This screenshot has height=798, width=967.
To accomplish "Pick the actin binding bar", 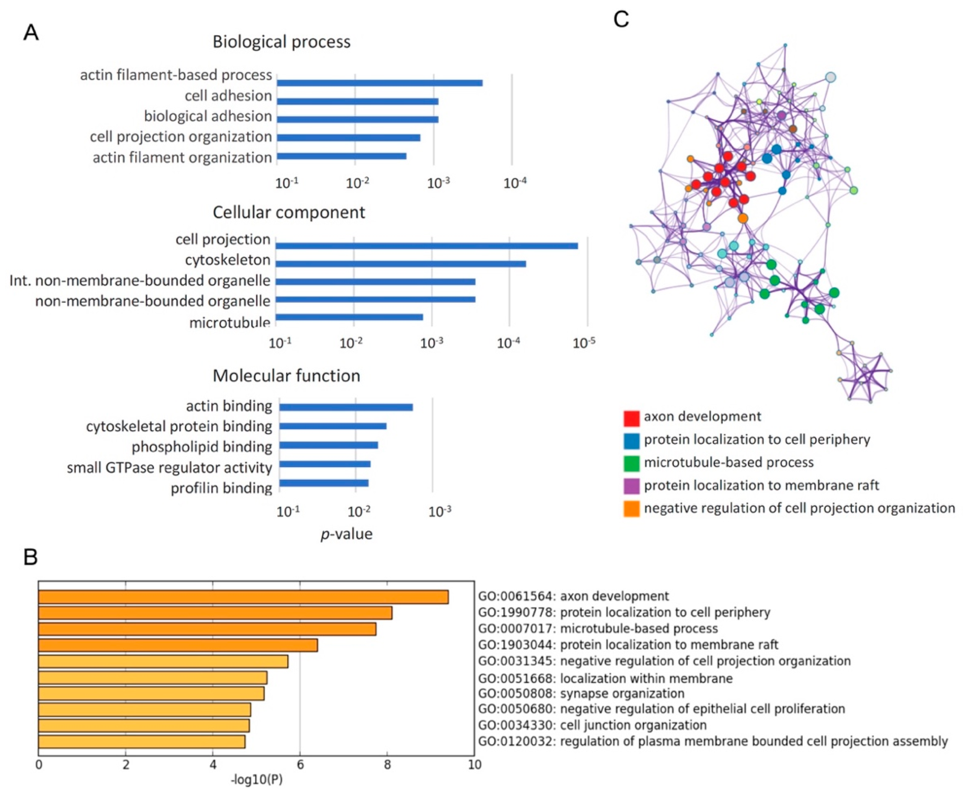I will click(x=346, y=407).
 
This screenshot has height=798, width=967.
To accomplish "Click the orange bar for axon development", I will click(x=243, y=597).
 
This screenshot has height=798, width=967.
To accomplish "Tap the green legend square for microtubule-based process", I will click(x=631, y=463).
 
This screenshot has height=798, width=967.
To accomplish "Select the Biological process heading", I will click(x=281, y=42).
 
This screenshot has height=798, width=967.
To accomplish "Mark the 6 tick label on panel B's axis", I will click(x=300, y=765).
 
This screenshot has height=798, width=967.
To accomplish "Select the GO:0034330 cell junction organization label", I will click(x=592, y=725).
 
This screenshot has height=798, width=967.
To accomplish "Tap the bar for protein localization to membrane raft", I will click(x=178, y=646).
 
